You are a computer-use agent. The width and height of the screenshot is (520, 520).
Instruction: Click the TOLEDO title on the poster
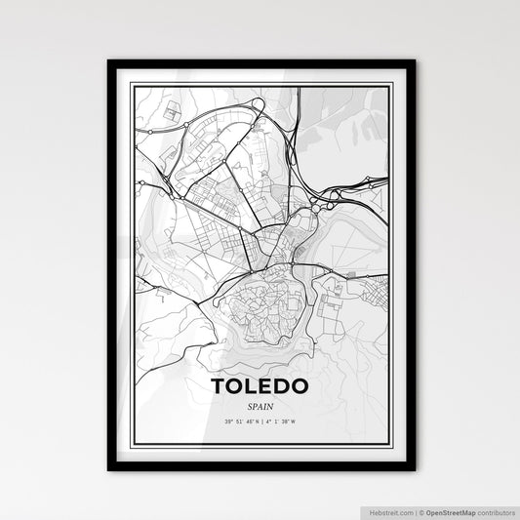tap(260, 387)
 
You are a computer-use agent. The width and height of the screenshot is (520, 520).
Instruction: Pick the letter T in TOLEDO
tap(220, 387)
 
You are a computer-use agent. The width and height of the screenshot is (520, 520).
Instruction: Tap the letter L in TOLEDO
tap(253, 387)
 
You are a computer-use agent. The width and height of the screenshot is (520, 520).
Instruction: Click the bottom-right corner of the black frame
tap(414, 470)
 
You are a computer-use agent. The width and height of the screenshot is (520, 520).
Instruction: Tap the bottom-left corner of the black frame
tap(109, 470)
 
